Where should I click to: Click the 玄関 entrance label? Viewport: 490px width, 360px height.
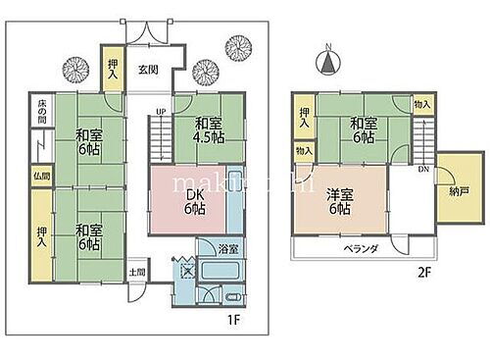click(x=147, y=70)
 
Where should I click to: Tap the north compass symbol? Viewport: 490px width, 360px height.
click(x=326, y=63)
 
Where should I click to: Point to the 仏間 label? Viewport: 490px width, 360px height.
click(x=41, y=176)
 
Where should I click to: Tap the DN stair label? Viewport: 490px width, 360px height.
click(x=422, y=170)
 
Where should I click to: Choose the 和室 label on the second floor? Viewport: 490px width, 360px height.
click(x=365, y=125)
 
